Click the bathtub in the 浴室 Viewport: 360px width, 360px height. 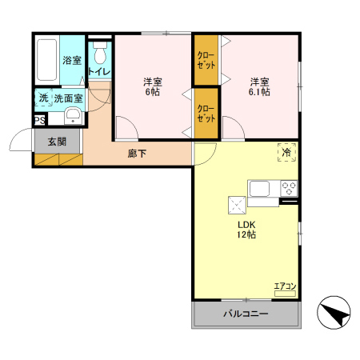(47, 60)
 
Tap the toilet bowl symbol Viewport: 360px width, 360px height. (100, 53)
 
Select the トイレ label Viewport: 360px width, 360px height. (99, 71)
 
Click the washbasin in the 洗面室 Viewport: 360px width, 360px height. (73, 116)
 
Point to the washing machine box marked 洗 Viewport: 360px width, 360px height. (44, 98)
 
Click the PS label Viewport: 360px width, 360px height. (40, 120)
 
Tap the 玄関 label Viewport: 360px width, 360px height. (57, 142)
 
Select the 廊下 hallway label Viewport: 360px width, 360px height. (137, 154)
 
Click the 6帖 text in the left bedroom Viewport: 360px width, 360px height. (152, 92)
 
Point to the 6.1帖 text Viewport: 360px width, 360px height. (259, 92)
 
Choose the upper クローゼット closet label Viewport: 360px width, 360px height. (206, 60)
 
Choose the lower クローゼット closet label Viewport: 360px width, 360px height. (206, 114)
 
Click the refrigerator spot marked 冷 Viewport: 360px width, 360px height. (287, 153)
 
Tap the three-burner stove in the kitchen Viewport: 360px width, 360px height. (289, 188)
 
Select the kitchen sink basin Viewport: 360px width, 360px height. (259, 189)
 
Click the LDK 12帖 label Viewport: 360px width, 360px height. (246, 230)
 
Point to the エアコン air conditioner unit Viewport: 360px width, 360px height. (285, 294)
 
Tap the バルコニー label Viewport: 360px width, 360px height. (246, 314)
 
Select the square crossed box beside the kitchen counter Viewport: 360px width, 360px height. (237, 205)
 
